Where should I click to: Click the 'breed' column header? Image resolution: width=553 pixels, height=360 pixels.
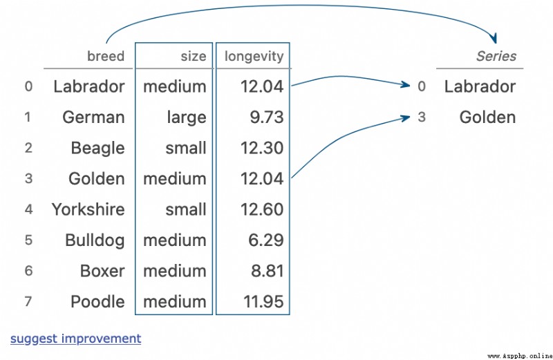pos(106,57)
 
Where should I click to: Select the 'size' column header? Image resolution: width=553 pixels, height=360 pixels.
pos(194,57)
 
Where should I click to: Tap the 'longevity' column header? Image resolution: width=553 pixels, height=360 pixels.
pos(254,57)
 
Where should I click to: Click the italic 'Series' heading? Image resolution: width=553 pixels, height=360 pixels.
pos(496,56)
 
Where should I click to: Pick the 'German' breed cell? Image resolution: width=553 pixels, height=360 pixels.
pos(93,117)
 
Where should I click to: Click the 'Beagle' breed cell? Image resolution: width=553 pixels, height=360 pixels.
pos(97,148)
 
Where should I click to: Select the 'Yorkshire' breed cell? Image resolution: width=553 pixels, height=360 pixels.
pos(88,209)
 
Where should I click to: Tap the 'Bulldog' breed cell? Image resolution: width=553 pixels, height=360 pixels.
pos(95,240)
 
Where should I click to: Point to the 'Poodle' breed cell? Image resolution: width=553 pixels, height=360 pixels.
pos(97,302)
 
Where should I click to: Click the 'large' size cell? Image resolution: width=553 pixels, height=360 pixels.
pos(187,117)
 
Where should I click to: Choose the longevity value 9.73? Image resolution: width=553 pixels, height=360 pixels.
pos(267,117)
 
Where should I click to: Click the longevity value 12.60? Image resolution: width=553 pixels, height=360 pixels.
pos(262,209)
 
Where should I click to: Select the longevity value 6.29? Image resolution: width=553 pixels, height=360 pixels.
pos(266,240)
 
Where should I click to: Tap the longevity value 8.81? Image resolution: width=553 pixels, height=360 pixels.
pos(268,271)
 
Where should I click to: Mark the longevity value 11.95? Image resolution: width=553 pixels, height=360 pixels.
pos(263,302)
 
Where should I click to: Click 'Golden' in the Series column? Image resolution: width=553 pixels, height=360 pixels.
pos(487,117)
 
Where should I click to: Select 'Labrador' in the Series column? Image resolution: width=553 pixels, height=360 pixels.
pos(480,86)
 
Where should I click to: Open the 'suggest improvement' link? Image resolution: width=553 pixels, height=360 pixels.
pos(76,339)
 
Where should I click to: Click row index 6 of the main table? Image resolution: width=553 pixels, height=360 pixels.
pos(28,271)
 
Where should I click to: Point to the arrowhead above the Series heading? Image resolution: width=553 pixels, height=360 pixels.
pos(494,38)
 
